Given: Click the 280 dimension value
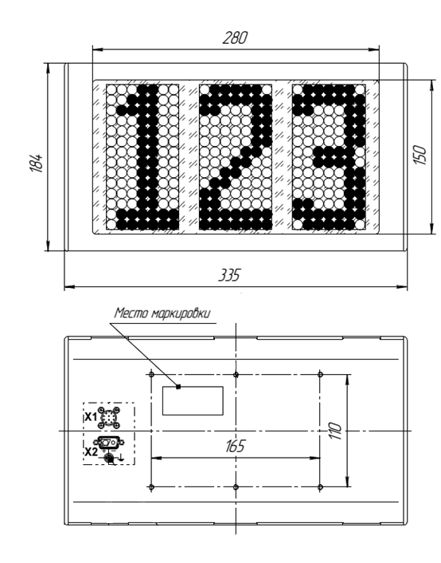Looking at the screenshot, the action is (x=235, y=37).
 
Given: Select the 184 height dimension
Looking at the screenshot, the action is (x=36, y=163).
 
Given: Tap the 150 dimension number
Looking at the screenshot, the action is (x=420, y=156).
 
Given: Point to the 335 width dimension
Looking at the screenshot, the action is (x=229, y=275).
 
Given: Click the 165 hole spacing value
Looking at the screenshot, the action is (x=235, y=446).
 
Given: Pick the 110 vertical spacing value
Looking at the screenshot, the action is (x=335, y=431).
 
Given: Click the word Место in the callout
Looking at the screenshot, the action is (x=131, y=313).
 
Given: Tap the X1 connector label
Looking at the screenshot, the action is (x=91, y=417).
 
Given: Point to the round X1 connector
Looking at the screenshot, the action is (x=109, y=418).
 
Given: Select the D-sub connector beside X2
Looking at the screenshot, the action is (x=109, y=442).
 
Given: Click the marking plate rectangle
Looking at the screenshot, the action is (x=193, y=400).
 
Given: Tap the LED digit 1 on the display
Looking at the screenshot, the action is (x=148, y=157).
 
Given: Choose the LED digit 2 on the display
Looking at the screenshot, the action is (x=236, y=157).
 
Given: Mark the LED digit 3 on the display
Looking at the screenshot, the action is (x=329, y=157).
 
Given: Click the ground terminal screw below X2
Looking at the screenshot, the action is (x=108, y=459).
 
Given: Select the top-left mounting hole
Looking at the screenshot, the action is (x=151, y=375).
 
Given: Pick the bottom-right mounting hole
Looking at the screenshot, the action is (x=320, y=487).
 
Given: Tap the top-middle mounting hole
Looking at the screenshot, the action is (x=236, y=375).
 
